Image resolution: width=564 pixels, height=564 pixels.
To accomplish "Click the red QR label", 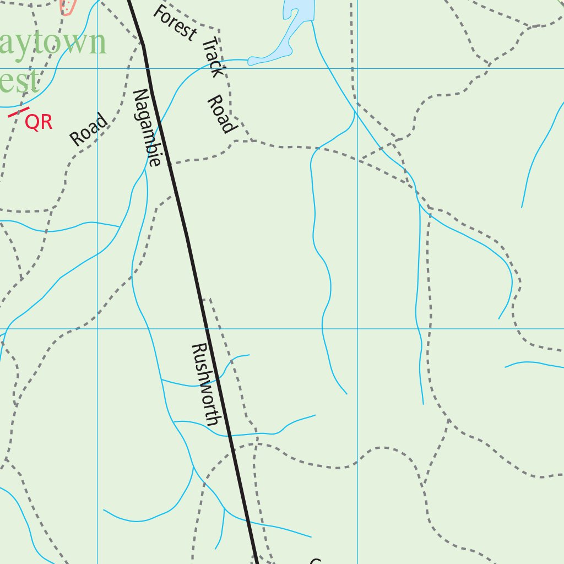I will [x=39, y=122].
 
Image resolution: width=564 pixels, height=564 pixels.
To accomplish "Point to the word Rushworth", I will [x=206, y=384].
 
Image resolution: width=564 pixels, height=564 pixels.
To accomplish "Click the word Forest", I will [x=175, y=23].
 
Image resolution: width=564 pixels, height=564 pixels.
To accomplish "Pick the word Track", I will [x=214, y=57].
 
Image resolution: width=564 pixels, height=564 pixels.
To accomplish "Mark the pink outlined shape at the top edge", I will [x=67, y=7].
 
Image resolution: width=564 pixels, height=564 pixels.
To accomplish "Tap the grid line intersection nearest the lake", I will [x=357, y=68].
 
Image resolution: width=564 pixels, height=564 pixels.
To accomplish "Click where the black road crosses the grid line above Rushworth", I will [x=207, y=329].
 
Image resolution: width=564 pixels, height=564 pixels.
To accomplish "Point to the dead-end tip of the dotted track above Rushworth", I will [x=204, y=299].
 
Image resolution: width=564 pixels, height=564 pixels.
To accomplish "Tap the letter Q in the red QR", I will [x=32, y=123].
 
